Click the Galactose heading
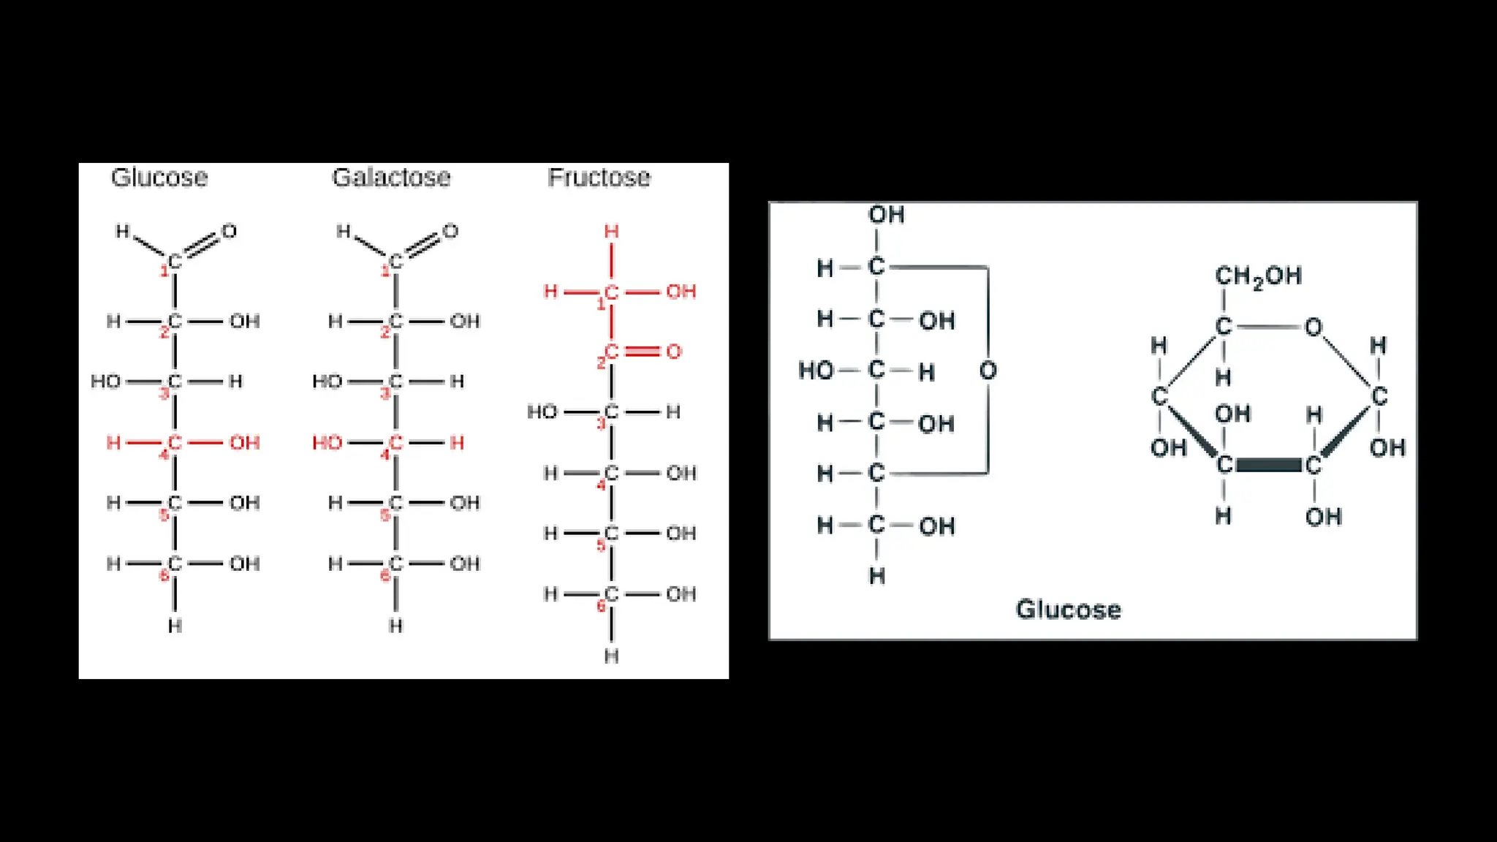click(391, 178)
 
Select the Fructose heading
click(599, 178)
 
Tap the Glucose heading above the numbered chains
click(159, 178)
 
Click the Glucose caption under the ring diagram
click(1068, 610)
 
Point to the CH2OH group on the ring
click(1258, 276)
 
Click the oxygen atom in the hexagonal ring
click(1314, 327)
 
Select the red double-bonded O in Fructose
click(674, 352)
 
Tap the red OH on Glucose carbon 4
click(244, 443)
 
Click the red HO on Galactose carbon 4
click(327, 443)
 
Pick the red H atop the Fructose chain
click(612, 232)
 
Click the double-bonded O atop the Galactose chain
click(450, 232)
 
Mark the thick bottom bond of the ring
click(1268, 466)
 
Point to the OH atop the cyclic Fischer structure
click(886, 215)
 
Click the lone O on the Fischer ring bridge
click(988, 371)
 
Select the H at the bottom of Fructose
click(612, 656)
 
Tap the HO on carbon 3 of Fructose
click(542, 412)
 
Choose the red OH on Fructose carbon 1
click(681, 292)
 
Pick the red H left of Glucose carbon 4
click(113, 443)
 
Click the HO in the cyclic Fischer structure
click(816, 371)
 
